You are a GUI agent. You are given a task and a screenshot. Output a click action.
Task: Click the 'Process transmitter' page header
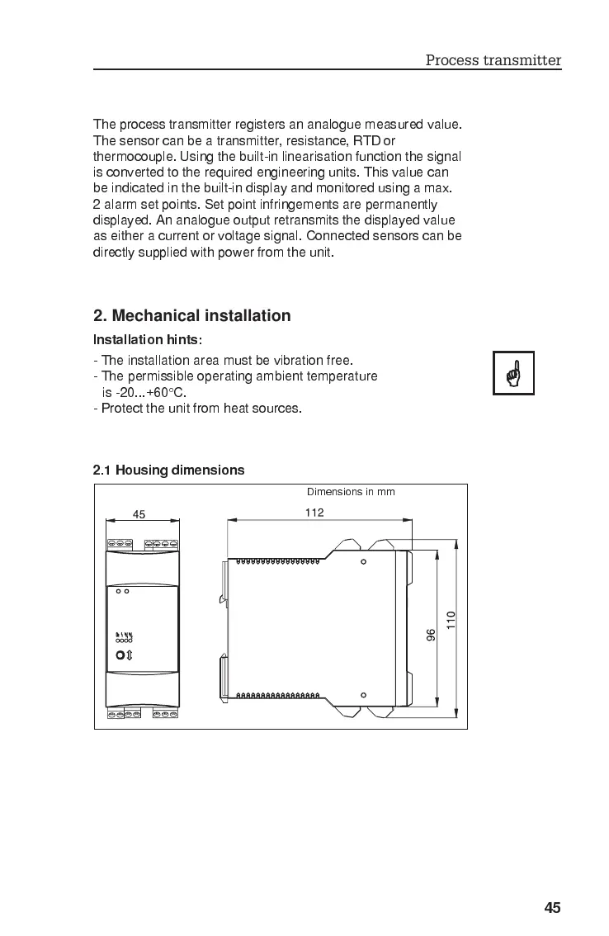(493, 59)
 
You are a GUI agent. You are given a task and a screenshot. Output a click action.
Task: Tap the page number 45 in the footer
(552, 908)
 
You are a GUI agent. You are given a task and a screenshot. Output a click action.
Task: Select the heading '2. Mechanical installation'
(191, 315)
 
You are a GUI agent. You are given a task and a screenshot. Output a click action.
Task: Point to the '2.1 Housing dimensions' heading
(168, 470)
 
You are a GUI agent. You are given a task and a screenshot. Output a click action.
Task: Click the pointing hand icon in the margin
(513, 373)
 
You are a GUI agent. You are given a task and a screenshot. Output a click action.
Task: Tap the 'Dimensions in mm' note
(351, 492)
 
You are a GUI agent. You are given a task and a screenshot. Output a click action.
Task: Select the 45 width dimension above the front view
(139, 514)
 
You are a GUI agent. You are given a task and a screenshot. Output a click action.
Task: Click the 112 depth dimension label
(314, 513)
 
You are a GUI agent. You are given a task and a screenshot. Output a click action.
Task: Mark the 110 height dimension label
(451, 620)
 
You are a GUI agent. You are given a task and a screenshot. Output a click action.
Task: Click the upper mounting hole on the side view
(363, 562)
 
